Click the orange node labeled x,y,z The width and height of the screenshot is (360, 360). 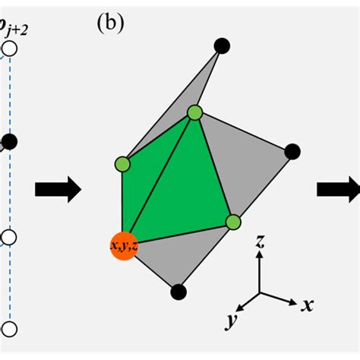pos(122,246)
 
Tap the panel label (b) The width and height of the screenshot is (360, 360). pos(111,24)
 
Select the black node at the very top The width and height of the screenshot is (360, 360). pos(222,46)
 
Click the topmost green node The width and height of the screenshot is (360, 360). pos(195,112)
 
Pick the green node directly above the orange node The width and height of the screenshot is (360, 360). pos(123,163)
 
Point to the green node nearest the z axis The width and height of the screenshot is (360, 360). pos(233,222)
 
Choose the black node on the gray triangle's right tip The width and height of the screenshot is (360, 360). pos(292,152)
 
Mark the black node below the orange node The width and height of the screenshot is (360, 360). pos(178,290)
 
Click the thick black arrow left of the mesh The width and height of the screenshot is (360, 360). pos(58,191)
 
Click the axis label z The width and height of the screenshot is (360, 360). pos(260,242)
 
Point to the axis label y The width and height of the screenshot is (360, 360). pos(229,322)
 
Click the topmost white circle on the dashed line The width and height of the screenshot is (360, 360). pos(9,50)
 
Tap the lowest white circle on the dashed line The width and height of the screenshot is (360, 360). pos(9,328)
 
